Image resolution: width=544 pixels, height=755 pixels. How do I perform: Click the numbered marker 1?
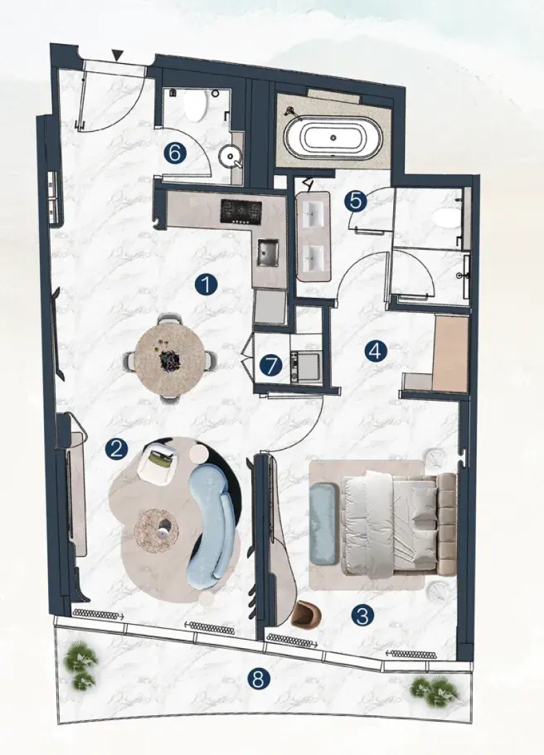pos(206,285)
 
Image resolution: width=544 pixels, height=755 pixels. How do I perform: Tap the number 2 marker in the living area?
pos(117,450)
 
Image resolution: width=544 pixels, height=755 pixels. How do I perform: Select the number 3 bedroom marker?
pos(363,615)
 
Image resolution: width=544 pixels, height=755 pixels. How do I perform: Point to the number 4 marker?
pos(375,351)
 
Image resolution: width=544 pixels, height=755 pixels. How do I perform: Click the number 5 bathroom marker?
pos(355,200)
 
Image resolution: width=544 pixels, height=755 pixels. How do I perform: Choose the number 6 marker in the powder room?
pos(175,154)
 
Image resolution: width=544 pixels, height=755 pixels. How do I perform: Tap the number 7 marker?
pos(271,365)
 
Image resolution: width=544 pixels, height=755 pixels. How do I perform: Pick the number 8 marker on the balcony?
pos(258,679)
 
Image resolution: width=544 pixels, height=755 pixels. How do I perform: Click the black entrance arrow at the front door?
pos(117,55)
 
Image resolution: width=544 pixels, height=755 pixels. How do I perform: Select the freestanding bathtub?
pos(333,137)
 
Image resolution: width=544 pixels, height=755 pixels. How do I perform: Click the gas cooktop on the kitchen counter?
pos(241,211)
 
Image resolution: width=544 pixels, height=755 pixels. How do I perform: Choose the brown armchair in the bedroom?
pos(306,614)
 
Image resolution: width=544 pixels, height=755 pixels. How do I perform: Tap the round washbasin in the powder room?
pos(230,156)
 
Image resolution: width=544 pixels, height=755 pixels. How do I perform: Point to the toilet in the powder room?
pos(196,105)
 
